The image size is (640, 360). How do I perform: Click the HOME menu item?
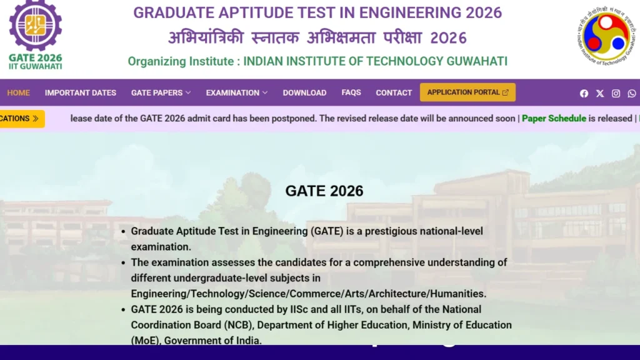(x=19, y=92)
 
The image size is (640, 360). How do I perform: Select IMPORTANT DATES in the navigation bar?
(x=81, y=92)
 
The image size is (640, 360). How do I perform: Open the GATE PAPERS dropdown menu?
(x=161, y=92)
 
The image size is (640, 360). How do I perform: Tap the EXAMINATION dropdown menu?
(x=236, y=92)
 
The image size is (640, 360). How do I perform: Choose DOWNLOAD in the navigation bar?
(x=304, y=92)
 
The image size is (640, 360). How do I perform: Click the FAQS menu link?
(x=351, y=92)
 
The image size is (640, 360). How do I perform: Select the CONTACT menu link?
(x=394, y=92)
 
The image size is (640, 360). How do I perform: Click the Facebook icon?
(x=584, y=93)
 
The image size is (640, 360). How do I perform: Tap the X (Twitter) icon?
(x=600, y=93)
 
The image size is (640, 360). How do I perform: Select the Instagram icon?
(x=616, y=93)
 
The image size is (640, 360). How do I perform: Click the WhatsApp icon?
(x=632, y=93)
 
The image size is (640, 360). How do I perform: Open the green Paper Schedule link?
(x=554, y=118)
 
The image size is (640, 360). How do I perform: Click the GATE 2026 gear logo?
(x=35, y=27)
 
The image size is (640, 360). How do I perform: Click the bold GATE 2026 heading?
(x=324, y=191)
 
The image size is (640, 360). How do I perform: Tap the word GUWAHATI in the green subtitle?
(x=476, y=61)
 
